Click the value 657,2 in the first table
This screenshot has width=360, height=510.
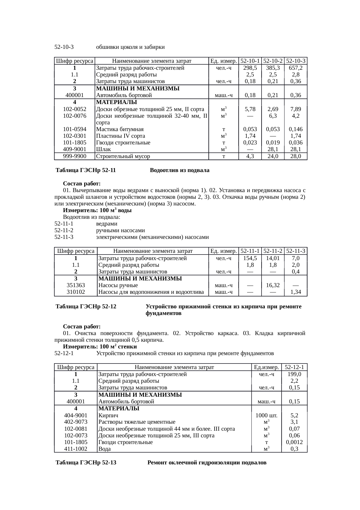(296, 68)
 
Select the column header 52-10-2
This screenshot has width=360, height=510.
(273, 61)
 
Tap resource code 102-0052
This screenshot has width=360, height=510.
(75, 109)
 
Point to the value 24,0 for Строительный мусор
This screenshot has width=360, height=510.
(273, 156)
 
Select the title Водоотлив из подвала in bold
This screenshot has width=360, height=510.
(179, 170)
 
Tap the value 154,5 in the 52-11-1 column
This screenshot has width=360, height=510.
(250, 258)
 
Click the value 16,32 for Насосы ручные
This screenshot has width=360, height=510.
(273, 285)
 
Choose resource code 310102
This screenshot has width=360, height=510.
(76, 292)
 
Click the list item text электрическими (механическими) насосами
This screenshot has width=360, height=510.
(152, 237)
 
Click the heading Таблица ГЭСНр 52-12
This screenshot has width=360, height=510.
(86, 307)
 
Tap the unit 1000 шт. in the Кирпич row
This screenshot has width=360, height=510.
(266, 416)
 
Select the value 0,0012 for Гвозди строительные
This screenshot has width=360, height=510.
(294, 442)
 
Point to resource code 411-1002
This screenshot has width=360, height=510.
(76, 449)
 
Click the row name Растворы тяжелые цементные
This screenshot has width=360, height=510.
(137, 422)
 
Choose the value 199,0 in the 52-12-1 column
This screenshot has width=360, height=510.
(294, 374)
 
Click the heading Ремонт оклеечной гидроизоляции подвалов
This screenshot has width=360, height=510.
(207, 463)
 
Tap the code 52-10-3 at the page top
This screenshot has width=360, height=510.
(64, 47)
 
